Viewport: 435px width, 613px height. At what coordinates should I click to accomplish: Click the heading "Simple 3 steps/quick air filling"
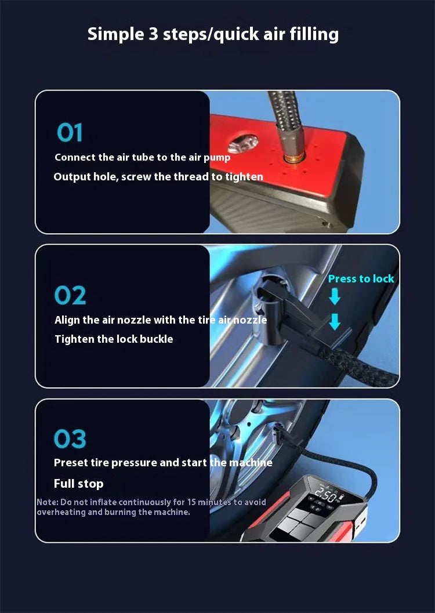(213, 34)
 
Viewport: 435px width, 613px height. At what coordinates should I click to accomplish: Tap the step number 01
(70, 133)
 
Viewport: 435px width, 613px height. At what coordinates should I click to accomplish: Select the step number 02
(70, 295)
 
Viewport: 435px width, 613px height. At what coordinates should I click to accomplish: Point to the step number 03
(70, 439)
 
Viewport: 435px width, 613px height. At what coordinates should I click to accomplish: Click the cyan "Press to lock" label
(361, 279)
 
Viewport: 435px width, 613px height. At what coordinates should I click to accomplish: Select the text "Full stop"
(78, 484)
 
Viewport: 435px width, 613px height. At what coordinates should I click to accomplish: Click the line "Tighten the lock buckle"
(114, 339)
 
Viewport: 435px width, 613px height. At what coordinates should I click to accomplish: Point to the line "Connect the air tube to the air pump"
(142, 158)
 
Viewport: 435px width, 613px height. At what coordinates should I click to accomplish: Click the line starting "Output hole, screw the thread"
(158, 177)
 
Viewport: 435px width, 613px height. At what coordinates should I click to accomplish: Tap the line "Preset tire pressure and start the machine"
(162, 463)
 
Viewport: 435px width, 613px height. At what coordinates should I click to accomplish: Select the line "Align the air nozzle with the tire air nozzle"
(161, 320)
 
